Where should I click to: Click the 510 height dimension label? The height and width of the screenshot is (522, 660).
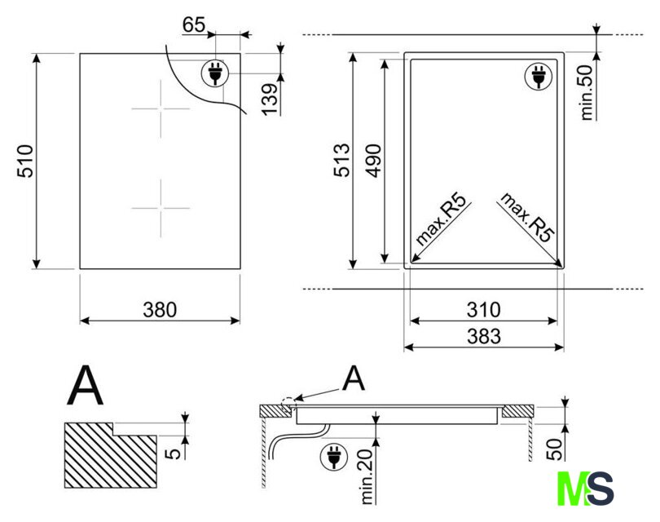click(25, 161)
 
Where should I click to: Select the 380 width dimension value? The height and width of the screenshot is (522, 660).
click(160, 310)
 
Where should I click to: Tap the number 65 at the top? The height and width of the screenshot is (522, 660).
click(194, 24)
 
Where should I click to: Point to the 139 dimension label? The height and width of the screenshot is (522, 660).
click(270, 100)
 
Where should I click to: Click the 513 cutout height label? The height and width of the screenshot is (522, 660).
click(341, 160)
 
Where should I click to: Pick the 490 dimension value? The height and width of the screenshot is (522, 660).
click(373, 161)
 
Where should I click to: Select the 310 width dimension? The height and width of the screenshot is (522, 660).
click(484, 310)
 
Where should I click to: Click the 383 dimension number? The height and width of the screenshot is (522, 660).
click(484, 336)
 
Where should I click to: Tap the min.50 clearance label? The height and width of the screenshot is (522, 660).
click(587, 93)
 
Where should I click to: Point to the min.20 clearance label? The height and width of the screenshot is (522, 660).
click(367, 477)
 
